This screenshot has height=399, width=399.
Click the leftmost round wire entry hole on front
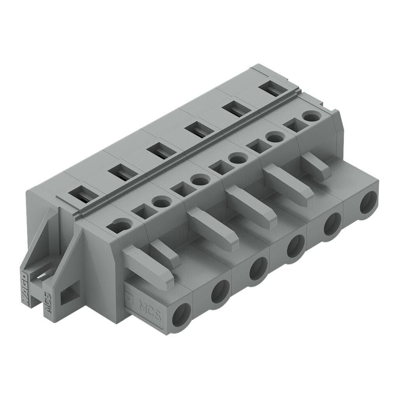point(182,314)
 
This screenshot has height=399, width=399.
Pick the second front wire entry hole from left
point(220,292)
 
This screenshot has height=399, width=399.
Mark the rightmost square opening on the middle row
point(292,126)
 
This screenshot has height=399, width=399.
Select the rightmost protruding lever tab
point(316,165)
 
